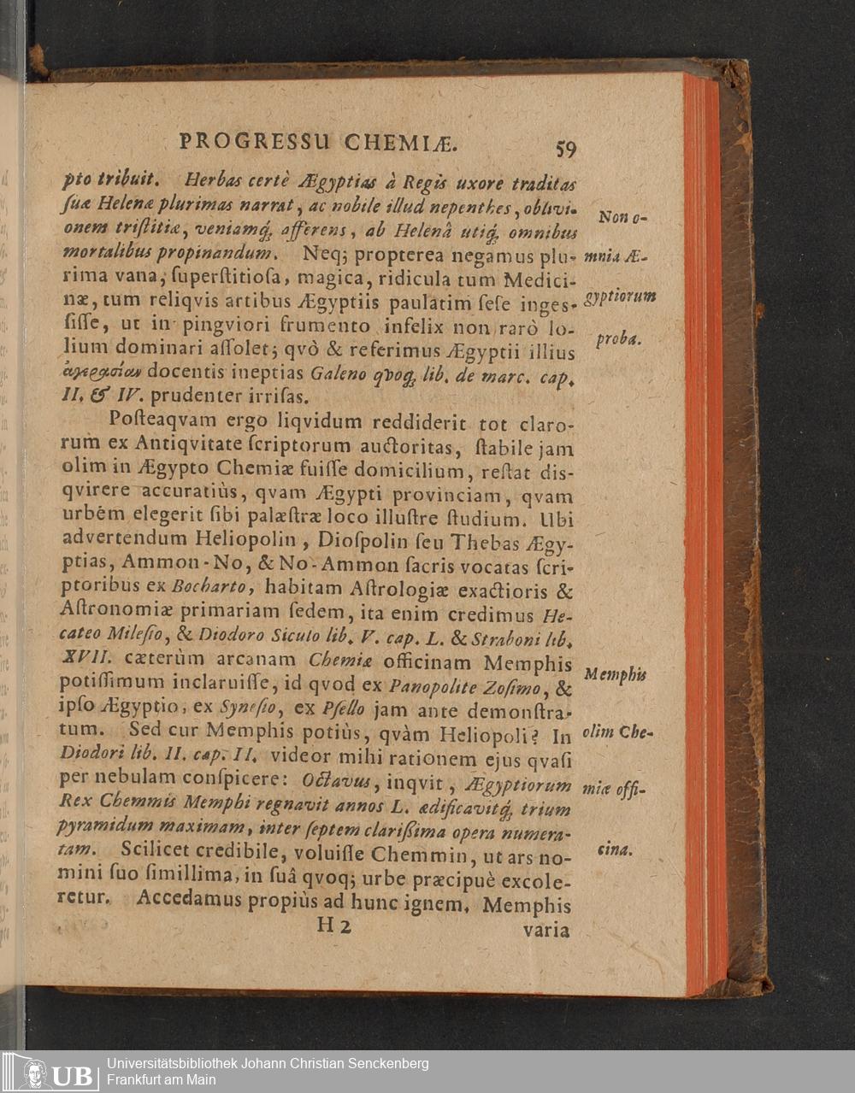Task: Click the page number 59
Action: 565,149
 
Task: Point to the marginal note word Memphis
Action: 615,675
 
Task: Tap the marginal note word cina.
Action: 615,849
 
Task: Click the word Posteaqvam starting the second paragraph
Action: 158,421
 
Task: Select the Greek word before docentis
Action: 103,373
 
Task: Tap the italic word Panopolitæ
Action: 422,685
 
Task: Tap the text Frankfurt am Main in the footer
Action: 162,1080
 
